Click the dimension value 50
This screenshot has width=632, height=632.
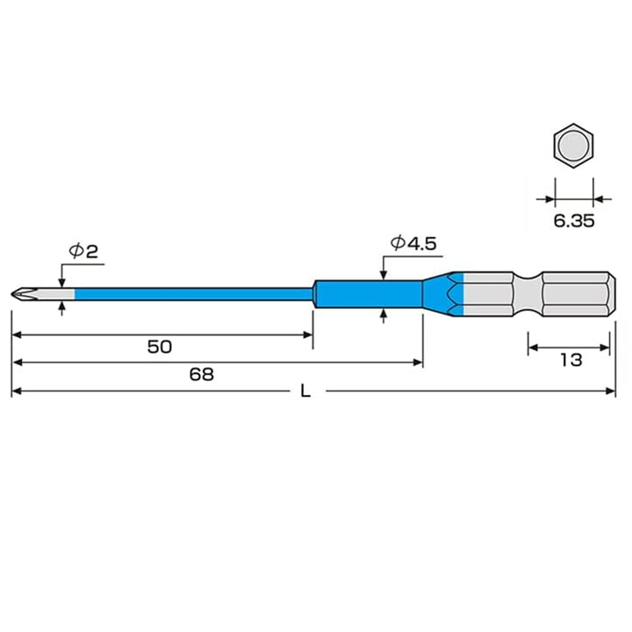coord(159,346)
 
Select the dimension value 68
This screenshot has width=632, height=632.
coord(201,374)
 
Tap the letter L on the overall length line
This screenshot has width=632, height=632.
coord(305,392)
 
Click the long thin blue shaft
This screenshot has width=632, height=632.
coord(193,293)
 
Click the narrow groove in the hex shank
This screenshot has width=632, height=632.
coord(528,293)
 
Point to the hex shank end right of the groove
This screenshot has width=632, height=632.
coord(575,293)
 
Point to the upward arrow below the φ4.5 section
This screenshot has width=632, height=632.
coord(384,313)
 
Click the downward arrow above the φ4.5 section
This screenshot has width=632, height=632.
coord(384,275)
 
